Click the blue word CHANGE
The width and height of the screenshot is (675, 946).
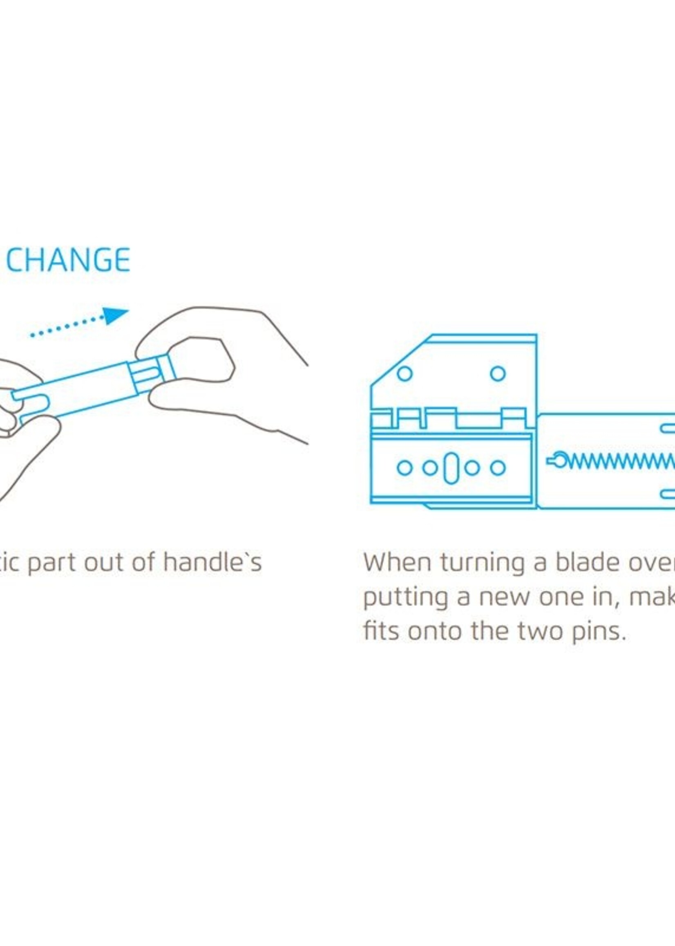(x=68, y=260)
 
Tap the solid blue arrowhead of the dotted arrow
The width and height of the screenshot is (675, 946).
(x=115, y=315)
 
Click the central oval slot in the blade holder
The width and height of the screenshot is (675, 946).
(x=451, y=467)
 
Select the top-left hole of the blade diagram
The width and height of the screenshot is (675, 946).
(x=405, y=373)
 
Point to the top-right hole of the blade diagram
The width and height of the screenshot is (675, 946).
(x=498, y=373)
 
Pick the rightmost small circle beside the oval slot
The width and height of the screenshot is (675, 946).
(x=498, y=467)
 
